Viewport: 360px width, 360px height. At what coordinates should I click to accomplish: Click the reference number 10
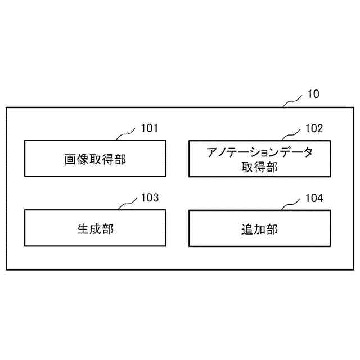[x=313, y=94]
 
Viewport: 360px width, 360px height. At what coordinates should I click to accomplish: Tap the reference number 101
[x=149, y=128]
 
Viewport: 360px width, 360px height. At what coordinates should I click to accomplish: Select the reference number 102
[x=314, y=128]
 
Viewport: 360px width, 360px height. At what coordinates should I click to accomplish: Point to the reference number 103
[x=149, y=198]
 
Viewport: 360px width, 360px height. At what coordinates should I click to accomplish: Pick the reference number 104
[x=314, y=198]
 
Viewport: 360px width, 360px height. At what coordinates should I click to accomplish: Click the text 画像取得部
[x=95, y=159]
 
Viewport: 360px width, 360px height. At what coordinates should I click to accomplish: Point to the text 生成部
[x=95, y=229]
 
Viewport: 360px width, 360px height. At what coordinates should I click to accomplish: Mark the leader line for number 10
[x=292, y=101]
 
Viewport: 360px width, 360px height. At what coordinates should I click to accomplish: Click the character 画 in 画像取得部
[x=70, y=159]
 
